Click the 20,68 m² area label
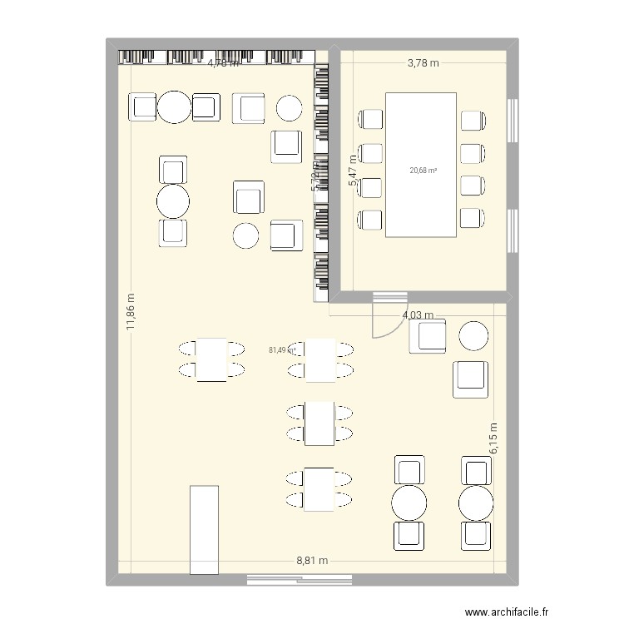(x=423, y=171)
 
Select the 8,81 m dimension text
(x=312, y=561)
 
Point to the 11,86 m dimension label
(x=130, y=313)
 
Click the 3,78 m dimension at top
(x=423, y=63)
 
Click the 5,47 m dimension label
(x=353, y=176)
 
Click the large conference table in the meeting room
(x=420, y=164)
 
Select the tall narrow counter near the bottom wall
(x=203, y=530)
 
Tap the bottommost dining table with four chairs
(x=319, y=489)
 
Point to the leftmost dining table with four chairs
(x=213, y=359)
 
